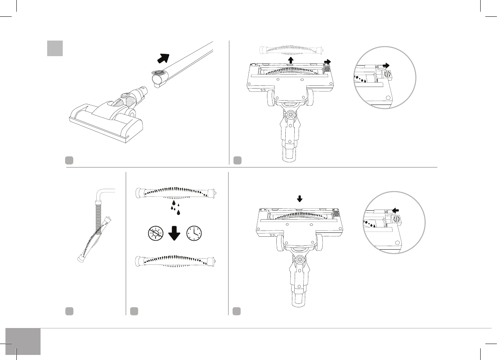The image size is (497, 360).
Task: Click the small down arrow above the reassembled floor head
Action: click(299, 199)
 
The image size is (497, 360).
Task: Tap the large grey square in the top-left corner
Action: click(55, 48)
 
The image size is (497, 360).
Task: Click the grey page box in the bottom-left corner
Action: click(23, 341)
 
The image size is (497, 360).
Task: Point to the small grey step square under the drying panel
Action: click(134, 311)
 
